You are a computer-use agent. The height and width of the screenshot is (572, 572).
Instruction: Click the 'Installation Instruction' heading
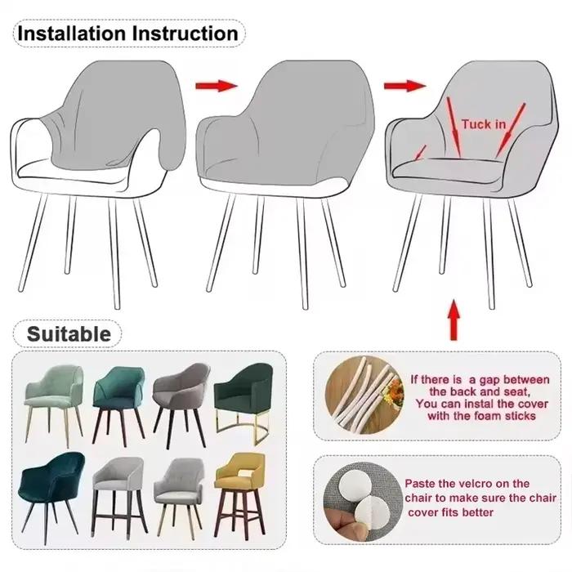128,34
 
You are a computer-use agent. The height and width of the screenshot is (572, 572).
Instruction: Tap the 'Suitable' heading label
69,333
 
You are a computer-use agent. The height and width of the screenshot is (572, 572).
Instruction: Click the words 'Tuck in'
484,124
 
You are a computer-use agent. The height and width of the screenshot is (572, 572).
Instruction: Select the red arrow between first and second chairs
217,86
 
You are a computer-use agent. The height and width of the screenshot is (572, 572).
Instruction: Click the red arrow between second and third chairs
405,86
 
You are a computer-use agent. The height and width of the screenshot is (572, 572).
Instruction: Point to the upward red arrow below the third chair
454,320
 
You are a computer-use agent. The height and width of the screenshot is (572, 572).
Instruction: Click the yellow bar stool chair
239,494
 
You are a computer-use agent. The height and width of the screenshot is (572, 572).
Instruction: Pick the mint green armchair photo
54,405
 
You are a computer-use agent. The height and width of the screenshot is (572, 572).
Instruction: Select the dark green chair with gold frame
244,402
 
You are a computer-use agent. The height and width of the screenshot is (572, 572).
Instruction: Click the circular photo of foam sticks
364,395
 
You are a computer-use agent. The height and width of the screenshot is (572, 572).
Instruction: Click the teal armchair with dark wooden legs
118,405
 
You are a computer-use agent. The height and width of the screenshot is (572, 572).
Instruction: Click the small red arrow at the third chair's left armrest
420,153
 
